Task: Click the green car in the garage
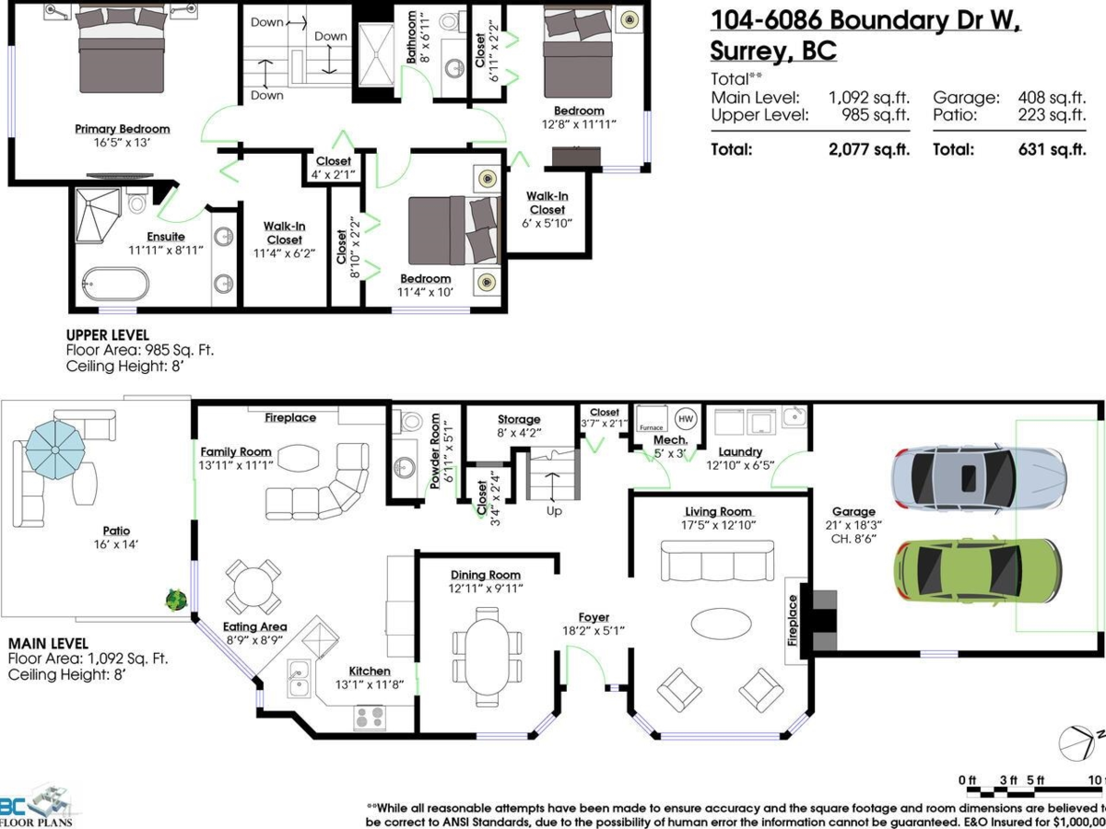[978, 571]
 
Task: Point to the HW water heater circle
[686, 418]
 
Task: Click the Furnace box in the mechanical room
[652, 418]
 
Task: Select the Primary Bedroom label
[123, 129]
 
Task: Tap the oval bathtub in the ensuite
[114, 283]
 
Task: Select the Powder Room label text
[436, 441]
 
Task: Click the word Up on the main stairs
[554, 510]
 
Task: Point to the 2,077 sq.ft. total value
[869, 150]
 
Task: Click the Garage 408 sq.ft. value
[1052, 98]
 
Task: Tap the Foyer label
[594, 617]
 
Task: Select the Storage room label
[519, 419]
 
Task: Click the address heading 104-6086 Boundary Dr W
[865, 20]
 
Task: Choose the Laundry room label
[740, 451]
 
